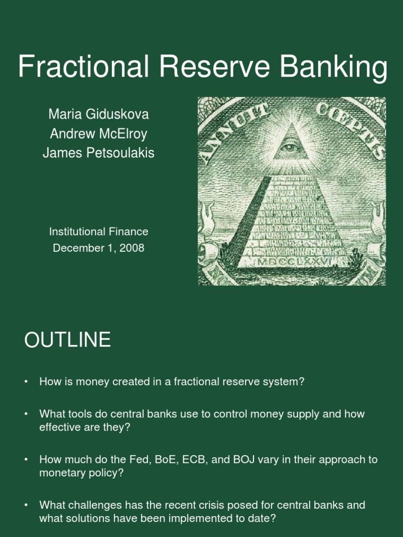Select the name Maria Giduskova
(x=99, y=114)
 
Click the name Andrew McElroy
(x=99, y=134)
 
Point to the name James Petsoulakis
(x=99, y=153)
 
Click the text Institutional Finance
(x=99, y=231)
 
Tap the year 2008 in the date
(x=132, y=248)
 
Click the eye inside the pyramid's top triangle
(x=290, y=147)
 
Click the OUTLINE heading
(x=67, y=341)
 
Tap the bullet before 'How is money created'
(x=26, y=382)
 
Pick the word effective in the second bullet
(x=58, y=427)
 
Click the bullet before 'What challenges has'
(x=26, y=506)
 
